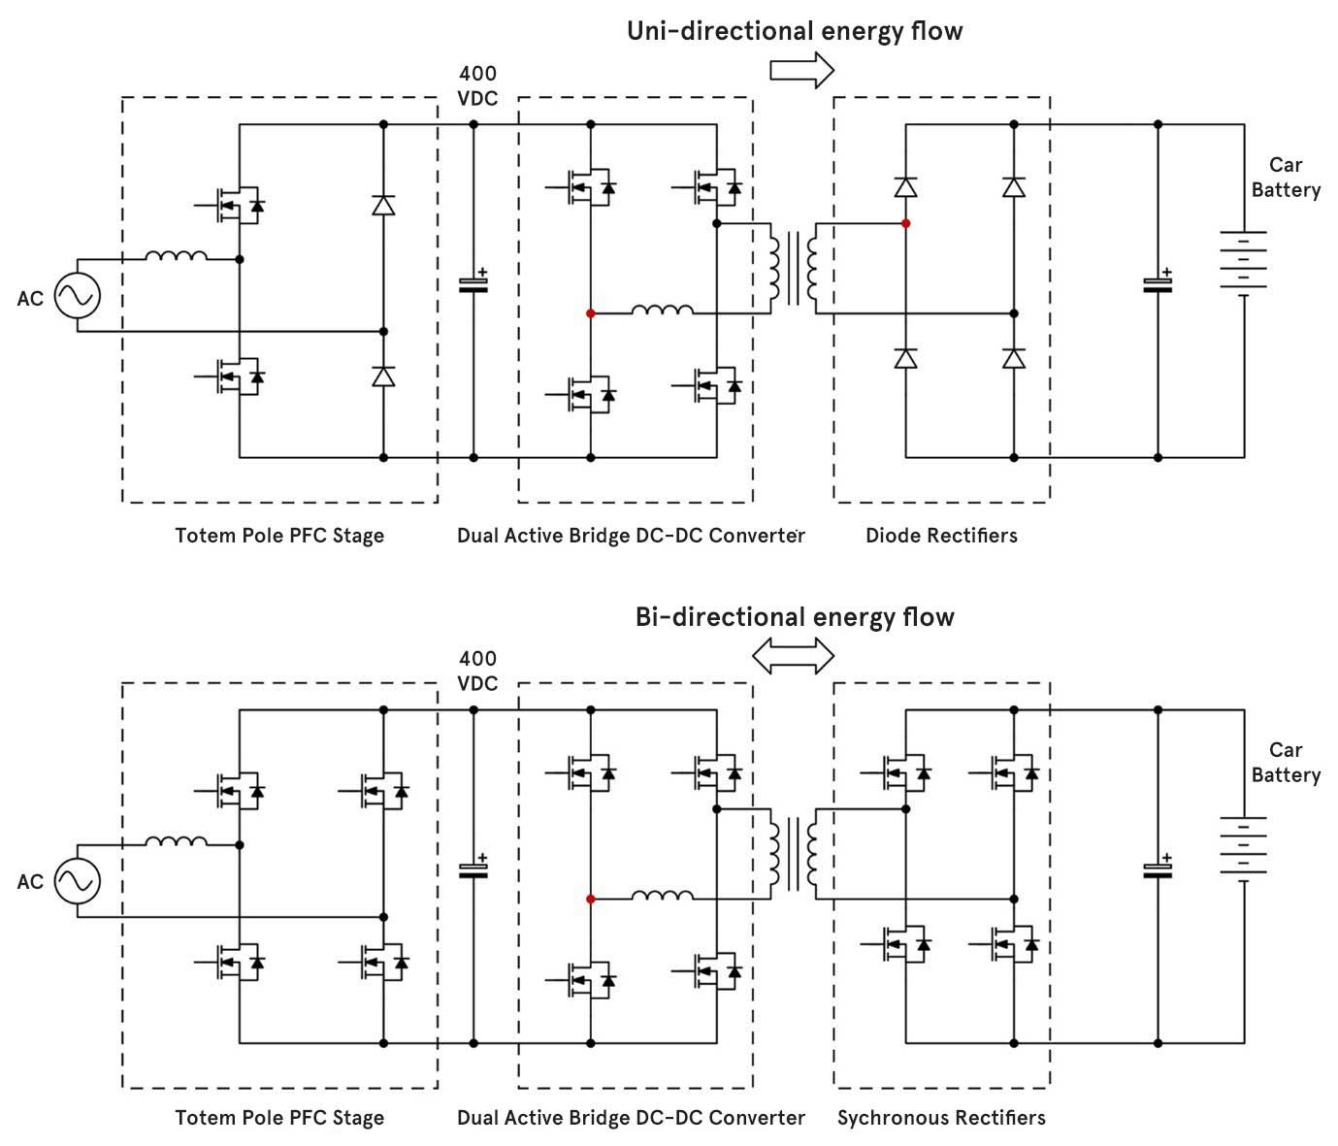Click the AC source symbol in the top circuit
click(77, 296)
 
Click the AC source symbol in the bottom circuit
click(77, 881)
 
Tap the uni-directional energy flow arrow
click(801, 70)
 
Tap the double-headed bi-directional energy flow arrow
click(794, 656)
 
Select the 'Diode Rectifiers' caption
click(941, 535)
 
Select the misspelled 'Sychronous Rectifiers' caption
click(941, 1118)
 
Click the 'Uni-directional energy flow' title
click(794, 31)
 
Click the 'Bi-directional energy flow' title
click(794, 617)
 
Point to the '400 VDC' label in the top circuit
click(477, 85)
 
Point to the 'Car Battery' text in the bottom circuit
click(1286, 762)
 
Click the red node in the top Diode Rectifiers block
click(905, 223)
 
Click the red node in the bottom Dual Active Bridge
click(590, 899)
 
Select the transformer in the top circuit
click(793, 268)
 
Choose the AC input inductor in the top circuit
click(176, 256)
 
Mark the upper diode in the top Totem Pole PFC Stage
click(383, 205)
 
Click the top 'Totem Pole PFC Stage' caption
click(279, 535)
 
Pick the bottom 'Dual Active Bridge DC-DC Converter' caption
click(631, 1118)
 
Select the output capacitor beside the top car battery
click(1158, 282)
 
